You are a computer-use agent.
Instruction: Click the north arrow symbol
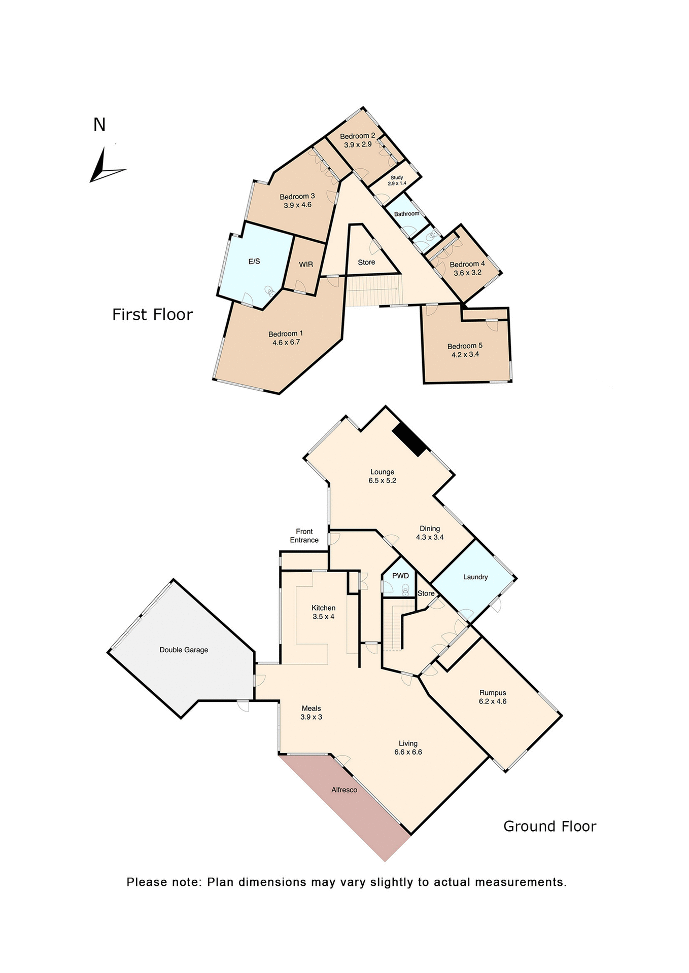(x=105, y=167)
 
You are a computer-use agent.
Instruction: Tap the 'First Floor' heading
(x=152, y=315)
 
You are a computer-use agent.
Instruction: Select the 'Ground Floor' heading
(x=549, y=827)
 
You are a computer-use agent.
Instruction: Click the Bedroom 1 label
(x=286, y=334)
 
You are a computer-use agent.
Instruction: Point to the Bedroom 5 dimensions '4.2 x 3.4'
(x=465, y=355)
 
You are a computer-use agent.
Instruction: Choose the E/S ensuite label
(x=254, y=261)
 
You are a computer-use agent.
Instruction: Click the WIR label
(x=306, y=265)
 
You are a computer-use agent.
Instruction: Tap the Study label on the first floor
(x=397, y=178)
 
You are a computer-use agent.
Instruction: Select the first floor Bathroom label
(x=407, y=214)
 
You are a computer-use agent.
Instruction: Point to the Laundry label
(x=475, y=577)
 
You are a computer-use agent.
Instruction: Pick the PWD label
(x=400, y=576)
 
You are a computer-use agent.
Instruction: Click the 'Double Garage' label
(x=184, y=650)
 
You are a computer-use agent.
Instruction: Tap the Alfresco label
(x=344, y=790)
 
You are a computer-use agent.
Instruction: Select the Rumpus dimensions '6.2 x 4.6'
(x=493, y=701)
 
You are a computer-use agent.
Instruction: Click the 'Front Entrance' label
(x=304, y=536)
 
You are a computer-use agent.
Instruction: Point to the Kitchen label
(x=324, y=608)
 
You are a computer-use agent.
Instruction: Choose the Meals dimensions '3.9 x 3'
(x=311, y=717)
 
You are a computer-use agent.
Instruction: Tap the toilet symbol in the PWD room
(x=405, y=589)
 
